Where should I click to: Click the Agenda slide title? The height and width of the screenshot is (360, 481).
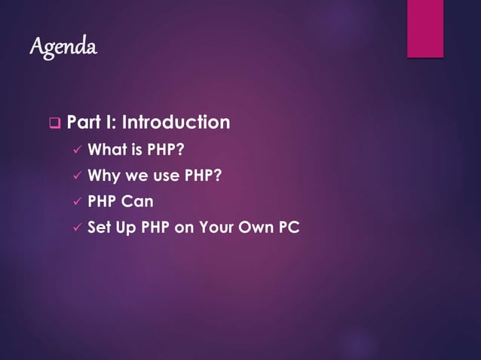[x=63, y=47]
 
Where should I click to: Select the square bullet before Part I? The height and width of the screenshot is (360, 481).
[x=54, y=122]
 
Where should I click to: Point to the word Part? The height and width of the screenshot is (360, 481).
[x=83, y=122]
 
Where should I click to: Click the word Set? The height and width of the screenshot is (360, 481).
[x=100, y=227]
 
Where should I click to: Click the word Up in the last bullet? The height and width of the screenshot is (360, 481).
[x=126, y=227]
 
